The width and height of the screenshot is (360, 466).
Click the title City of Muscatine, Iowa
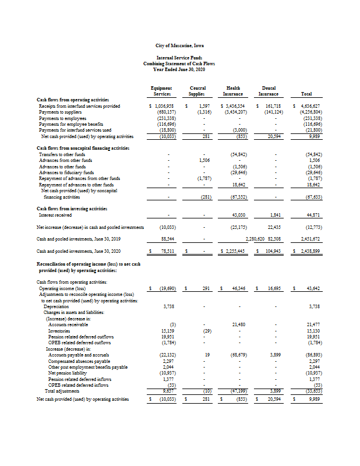(179, 45)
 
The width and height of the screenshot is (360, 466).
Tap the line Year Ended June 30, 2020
(179, 68)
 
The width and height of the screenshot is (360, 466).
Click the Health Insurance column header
(233, 90)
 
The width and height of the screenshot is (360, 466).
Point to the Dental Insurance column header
(269, 90)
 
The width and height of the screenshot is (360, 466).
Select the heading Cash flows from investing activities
(72, 208)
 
